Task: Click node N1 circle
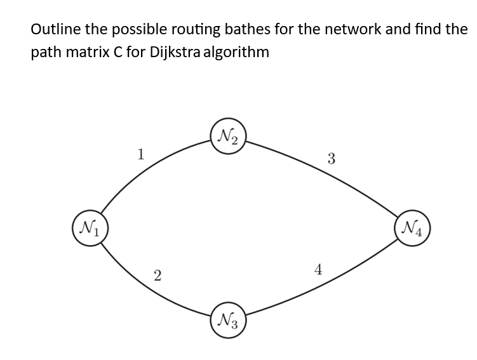(90, 227)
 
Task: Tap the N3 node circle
(229, 318)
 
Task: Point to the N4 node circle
(412, 227)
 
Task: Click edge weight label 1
(142, 153)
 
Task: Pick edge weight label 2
(158, 276)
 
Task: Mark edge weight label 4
(318, 270)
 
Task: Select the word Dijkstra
(176, 52)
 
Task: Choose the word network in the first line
(346, 29)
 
